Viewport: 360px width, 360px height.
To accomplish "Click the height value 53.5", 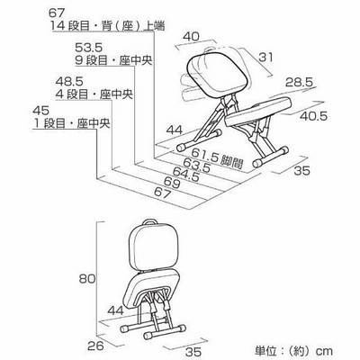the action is click(x=88, y=48).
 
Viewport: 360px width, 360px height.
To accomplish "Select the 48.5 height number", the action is click(x=69, y=81).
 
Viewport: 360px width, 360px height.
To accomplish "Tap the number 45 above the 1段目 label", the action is click(x=40, y=111).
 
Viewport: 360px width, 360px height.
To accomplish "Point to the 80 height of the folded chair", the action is click(x=87, y=279).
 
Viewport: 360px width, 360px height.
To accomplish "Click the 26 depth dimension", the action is click(x=95, y=346).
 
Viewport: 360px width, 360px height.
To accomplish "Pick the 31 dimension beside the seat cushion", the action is click(x=265, y=57).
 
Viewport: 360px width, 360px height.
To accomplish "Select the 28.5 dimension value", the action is click(x=299, y=82).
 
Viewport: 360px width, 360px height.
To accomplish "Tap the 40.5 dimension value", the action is click(x=314, y=116).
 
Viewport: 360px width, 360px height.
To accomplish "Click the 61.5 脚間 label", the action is click(x=217, y=157).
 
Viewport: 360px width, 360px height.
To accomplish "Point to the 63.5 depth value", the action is click(x=196, y=166).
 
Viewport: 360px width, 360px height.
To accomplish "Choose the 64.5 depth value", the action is click(x=186, y=175).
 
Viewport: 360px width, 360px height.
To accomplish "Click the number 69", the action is click(x=172, y=183).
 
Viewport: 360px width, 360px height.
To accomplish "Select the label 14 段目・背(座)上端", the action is click(x=107, y=26).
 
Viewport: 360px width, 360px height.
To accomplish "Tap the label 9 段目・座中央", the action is click(x=113, y=61).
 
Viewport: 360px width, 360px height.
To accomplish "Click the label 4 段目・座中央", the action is click(x=94, y=94).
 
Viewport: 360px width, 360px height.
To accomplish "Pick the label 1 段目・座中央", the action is click(x=71, y=124).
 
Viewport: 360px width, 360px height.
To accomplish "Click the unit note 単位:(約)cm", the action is click(x=293, y=351).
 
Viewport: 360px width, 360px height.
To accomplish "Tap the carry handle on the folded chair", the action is click(x=150, y=221).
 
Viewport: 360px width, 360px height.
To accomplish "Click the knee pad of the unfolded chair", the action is click(x=258, y=111).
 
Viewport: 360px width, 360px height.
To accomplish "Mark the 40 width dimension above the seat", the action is click(x=191, y=37).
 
